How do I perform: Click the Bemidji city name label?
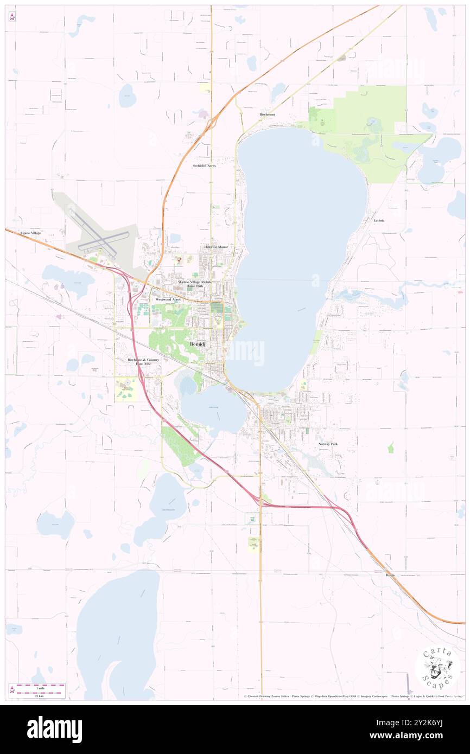coord(198,345)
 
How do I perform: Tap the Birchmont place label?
coord(268,115)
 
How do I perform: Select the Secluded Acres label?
coord(205,165)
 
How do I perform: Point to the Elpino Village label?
coord(30,233)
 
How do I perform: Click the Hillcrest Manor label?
coord(216,247)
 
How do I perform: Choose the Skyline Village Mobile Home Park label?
coord(194,284)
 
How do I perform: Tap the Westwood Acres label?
coord(168,299)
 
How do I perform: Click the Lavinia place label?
coord(379,221)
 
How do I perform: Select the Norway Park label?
coord(328,444)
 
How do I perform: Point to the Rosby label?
coord(390,574)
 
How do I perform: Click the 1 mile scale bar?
coord(37,685)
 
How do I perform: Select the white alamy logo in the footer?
coord(54,729)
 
